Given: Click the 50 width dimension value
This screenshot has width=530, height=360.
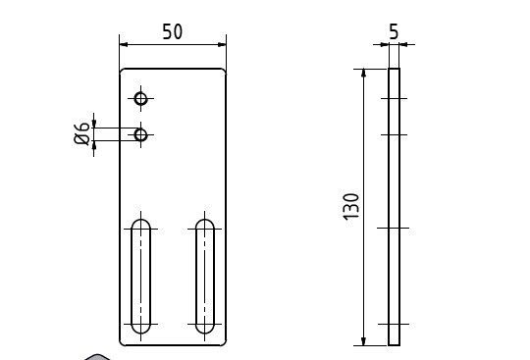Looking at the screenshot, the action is (x=173, y=31).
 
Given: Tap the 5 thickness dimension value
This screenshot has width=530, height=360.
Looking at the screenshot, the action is (x=394, y=31).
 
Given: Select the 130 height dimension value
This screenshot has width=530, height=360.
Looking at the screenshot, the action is (x=350, y=207).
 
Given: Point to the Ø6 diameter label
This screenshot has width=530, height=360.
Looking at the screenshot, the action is (x=81, y=134).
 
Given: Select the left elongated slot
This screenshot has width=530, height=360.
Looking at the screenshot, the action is (x=132, y=277).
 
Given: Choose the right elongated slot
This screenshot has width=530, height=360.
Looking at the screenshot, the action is (x=195, y=277).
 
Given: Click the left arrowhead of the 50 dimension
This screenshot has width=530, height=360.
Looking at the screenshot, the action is (x=124, y=44).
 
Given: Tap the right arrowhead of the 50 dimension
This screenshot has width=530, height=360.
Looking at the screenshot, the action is (x=222, y=44).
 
